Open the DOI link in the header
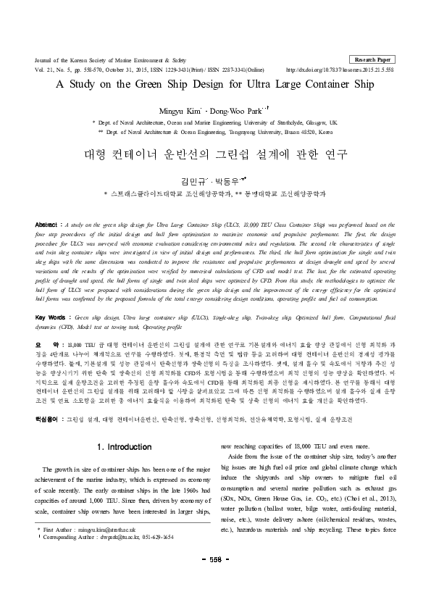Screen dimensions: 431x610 pos(340,70)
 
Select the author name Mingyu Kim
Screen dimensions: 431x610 pos(183,109)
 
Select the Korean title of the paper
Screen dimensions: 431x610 pos(215,155)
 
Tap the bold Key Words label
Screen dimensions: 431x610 pos(51,318)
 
